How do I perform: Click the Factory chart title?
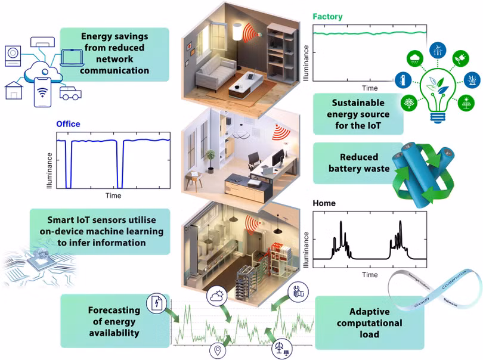(x=328, y=17)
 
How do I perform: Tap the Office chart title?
(x=68, y=125)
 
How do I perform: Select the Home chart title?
(x=324, y=203)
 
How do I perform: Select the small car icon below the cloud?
(x=71, y=92)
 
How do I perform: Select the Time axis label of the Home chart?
(x=370, y=275)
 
